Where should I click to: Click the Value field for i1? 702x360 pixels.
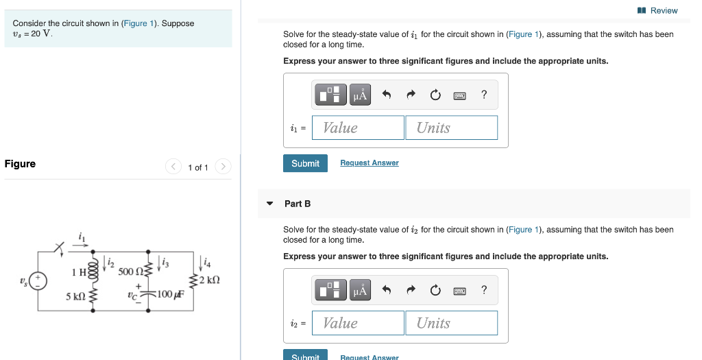358,128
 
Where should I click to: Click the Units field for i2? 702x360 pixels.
451,323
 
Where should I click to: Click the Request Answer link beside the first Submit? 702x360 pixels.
369,163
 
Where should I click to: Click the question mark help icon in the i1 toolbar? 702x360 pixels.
484,95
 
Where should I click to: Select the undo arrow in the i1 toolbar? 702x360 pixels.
387,95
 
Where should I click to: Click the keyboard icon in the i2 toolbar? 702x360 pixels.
459,291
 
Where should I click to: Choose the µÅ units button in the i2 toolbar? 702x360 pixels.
361,291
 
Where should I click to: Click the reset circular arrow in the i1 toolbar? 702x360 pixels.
435,95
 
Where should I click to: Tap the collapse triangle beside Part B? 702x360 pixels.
270,204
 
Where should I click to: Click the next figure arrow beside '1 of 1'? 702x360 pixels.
223,167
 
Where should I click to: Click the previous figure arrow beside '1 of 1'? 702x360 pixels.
174,167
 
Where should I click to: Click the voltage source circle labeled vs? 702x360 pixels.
38,280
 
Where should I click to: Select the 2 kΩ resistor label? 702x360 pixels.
209,280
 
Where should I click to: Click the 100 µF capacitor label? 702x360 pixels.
169,295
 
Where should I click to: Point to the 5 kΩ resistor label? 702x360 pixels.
75,296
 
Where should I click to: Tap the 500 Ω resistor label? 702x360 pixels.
129,272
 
